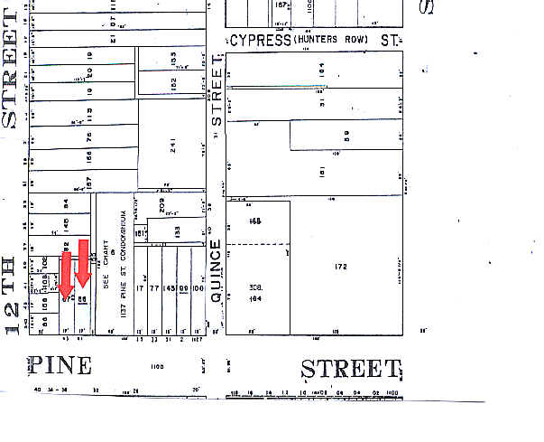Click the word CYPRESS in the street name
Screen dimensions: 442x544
[x=262, y=41]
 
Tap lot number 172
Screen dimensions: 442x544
[x=341, y=268]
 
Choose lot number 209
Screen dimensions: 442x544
[x=161, y=205]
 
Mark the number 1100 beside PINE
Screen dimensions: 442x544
[x=133, y=366]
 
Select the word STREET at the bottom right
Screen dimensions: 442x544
[x=350, y=369]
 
